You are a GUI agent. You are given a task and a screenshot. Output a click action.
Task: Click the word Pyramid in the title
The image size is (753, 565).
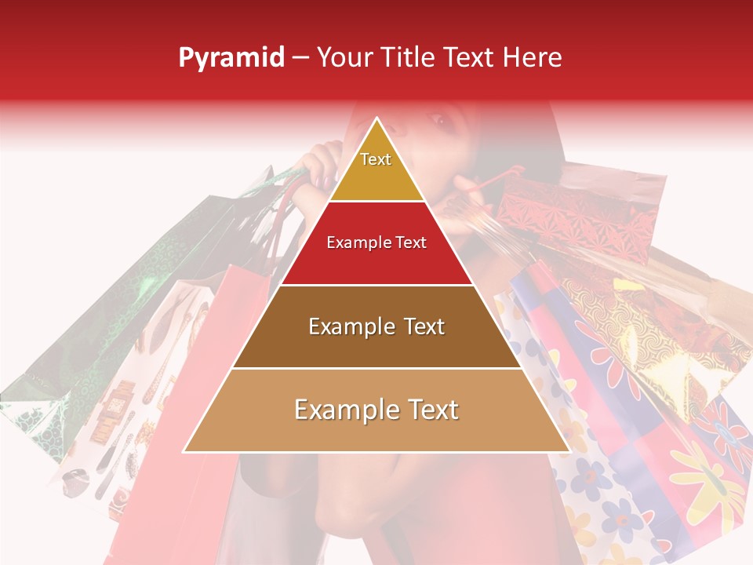[x=231, y=58]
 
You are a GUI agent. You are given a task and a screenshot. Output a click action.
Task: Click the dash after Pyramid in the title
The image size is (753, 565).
[x=300, y=58]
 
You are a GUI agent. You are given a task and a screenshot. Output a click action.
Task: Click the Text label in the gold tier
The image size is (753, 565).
[x=376, y=159]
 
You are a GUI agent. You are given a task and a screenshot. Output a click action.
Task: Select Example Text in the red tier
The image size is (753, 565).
[x=376, y=243]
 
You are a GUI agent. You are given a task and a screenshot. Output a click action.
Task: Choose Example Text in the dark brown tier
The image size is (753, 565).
[x=376, y=326]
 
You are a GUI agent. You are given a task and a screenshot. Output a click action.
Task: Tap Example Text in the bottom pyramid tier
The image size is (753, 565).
[x=376, y=410]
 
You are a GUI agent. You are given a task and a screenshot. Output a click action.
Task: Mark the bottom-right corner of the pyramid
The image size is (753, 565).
[x=569, y=452]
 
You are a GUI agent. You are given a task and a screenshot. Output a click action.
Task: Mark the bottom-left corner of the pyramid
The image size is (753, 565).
[x=184, y=452]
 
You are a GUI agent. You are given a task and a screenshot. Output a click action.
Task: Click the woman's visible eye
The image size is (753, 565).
[x=436, y=122]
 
